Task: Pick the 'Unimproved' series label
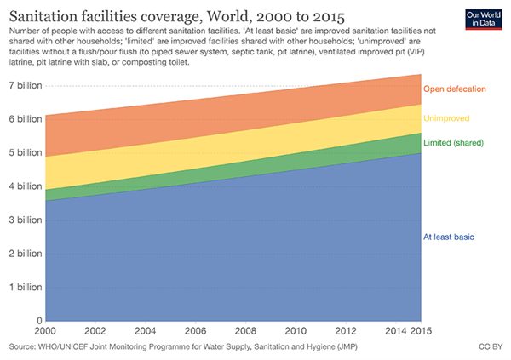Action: coord(446,118)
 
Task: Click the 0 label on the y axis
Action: coord(39,321)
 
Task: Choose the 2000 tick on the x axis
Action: coord(46,332)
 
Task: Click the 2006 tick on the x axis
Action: coord(195,332)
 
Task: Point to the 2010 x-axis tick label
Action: coord(296,332)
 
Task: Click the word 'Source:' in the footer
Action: coord(25,349)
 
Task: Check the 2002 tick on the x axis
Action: coord(95,332)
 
